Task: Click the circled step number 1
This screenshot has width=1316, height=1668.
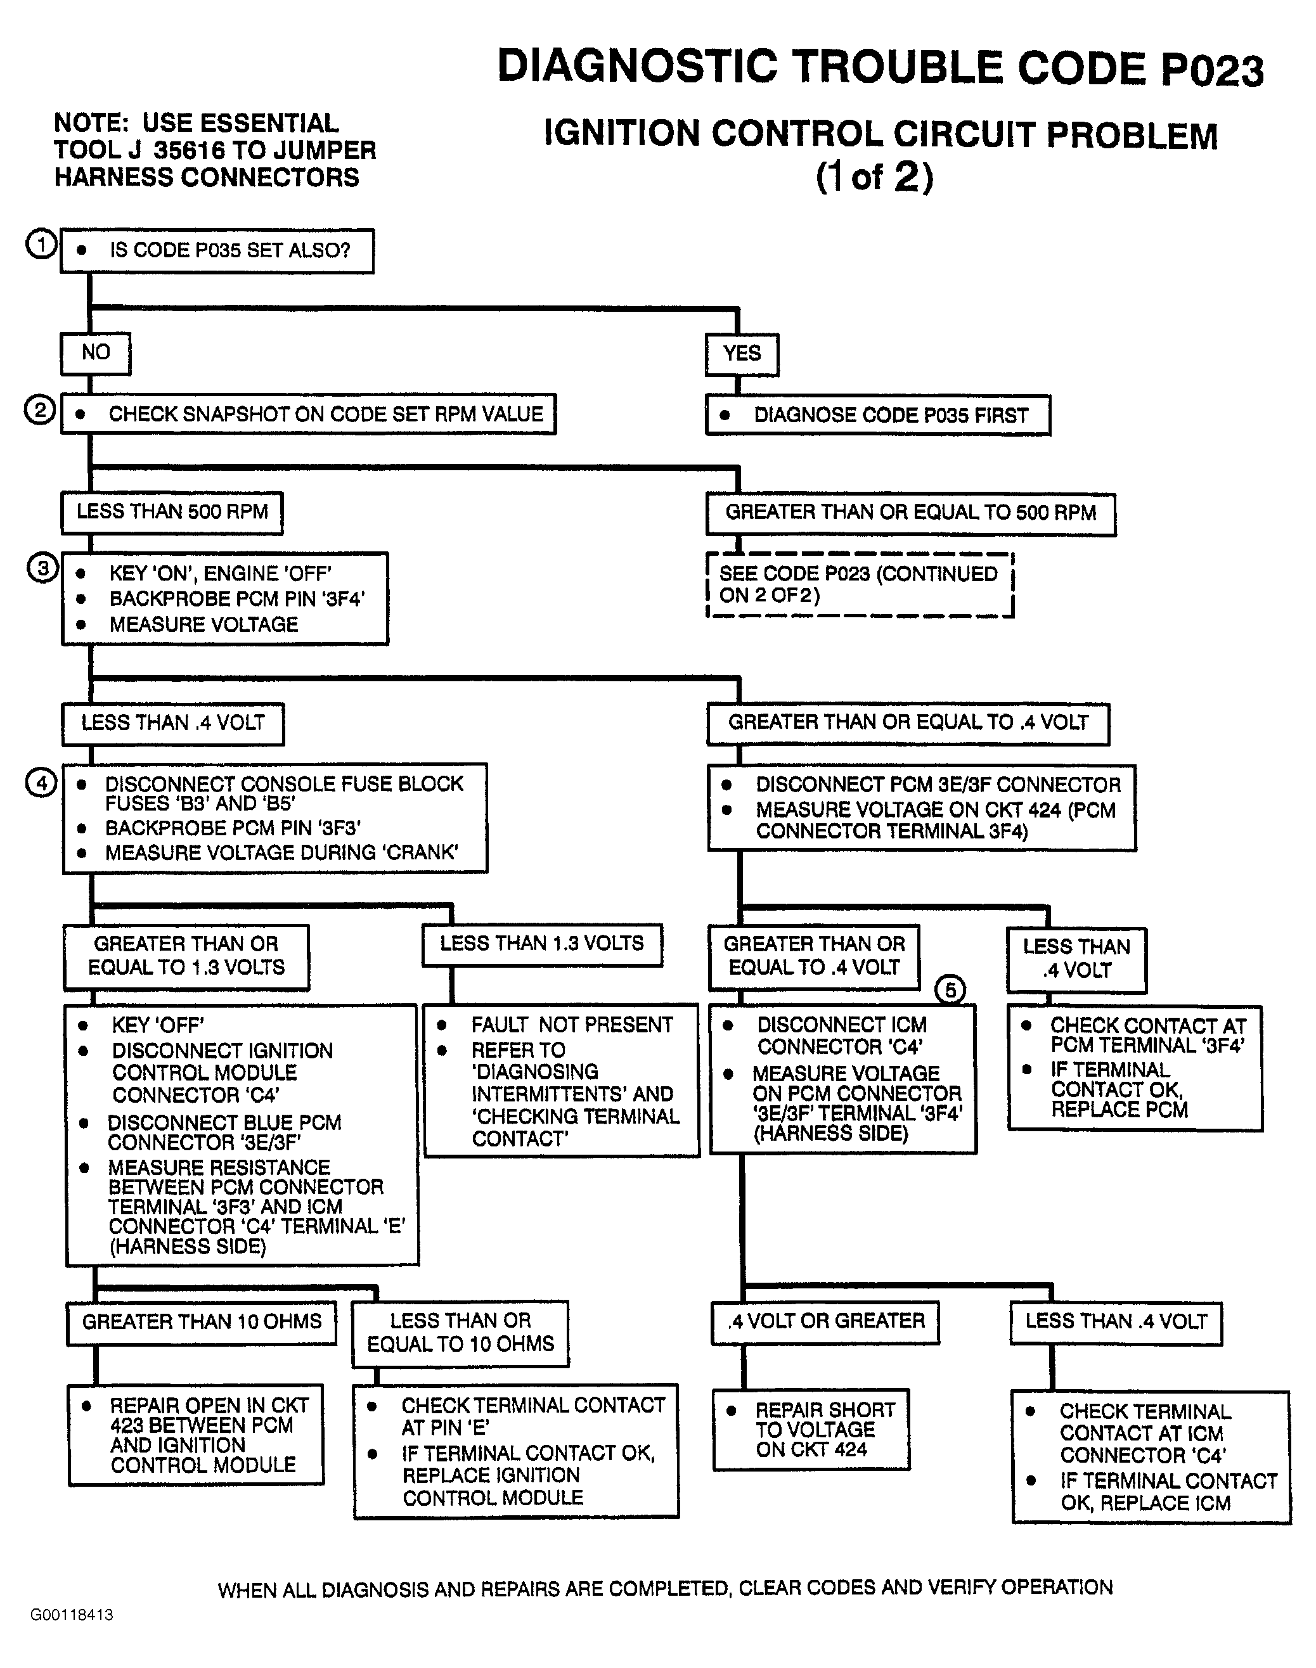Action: pyautogui.click(x=42, y=244)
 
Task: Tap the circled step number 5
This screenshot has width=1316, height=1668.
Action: pyautogui.click(x=950, y=989)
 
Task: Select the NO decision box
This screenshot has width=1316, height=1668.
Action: pyautogui.click(x=96, y=354)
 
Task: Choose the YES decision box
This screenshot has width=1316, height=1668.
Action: pyautogui.click(x=742, y=354)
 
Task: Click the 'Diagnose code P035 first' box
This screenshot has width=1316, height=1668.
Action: pyautogui.click(x=879, y=416)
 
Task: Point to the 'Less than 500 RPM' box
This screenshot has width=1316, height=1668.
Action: pyautogui.click(x=172, y=513)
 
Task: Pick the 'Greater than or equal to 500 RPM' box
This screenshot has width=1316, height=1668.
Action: pyautogui.click(x=911, y=514)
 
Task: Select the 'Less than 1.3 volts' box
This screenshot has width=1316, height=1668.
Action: pyautogui.click(x=541, y=944)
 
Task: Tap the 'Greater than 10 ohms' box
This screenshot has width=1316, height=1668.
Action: pyautogui.click(x=202, y=1323)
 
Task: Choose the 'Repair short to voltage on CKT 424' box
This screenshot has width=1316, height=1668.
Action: pyautogui.click(x=811, y=1430)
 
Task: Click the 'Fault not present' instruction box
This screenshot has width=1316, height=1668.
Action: pyautogui.click(x=562, y=1080)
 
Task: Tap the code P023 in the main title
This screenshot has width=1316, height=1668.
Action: pyautogui.click(x=1212, y=69)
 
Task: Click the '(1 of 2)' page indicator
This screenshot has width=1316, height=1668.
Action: pyautogui.click(x=875, y=176)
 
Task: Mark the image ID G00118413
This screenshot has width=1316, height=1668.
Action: pyautogui.click(x=72, y=1615)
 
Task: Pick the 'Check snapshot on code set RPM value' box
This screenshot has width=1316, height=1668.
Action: pyautogui.click(x=308, y=414)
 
